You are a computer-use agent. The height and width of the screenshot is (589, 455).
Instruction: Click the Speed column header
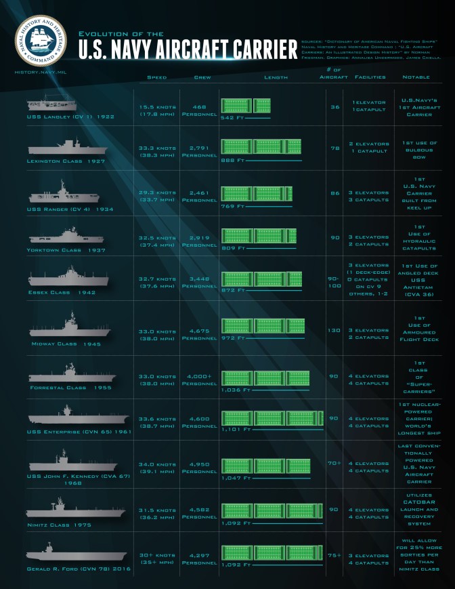point(156,77)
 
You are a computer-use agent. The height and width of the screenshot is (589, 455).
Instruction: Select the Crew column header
point(202,77)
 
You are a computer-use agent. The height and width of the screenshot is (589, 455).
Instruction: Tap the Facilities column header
point(370,77)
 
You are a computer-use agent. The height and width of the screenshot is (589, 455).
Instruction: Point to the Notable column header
point(416,77)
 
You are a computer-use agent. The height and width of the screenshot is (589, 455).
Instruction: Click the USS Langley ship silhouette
point(51,104)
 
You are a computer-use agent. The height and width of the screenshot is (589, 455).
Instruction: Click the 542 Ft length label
point(227,117)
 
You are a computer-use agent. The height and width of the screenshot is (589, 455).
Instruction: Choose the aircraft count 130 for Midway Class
point(334,330)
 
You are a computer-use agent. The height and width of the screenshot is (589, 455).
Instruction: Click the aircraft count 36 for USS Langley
point(334,106)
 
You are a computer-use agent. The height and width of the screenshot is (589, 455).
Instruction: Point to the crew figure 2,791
point(202,148)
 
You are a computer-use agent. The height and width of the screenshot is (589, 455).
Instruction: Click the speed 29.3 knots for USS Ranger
point(156,192)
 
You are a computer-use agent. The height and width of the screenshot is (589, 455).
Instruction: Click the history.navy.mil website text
point(40,71)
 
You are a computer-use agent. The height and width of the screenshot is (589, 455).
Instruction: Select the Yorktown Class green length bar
point(259,236)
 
